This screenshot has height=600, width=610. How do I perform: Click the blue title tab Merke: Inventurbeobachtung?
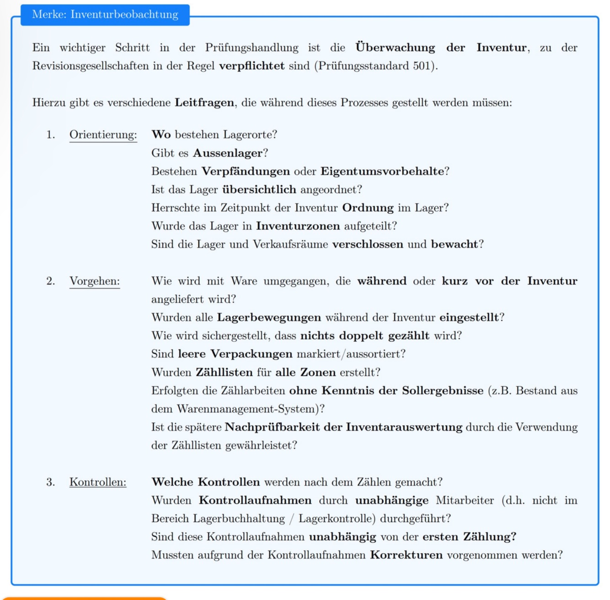(105, 15)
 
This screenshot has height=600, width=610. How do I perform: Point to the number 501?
(423, 66)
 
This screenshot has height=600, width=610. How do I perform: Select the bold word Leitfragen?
(204, 103)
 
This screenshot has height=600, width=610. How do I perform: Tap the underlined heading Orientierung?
(103, 135)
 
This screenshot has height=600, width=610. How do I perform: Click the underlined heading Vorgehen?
(94, 281)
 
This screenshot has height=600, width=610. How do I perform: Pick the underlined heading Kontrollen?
(97, 482)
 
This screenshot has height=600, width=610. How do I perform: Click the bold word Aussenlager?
(228, 153)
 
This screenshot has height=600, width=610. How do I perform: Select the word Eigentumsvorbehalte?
(382, 171)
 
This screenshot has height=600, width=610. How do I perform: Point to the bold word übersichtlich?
(259, 189)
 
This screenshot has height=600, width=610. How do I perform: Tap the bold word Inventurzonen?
(298, 226)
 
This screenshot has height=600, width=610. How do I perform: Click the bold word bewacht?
(454, 244)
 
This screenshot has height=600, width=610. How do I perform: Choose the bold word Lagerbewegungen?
(269, 318)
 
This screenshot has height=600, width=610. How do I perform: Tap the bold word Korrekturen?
(406, 556)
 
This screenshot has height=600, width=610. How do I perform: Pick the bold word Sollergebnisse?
(443, 391)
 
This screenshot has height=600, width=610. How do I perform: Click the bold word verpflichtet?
(251, 66)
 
